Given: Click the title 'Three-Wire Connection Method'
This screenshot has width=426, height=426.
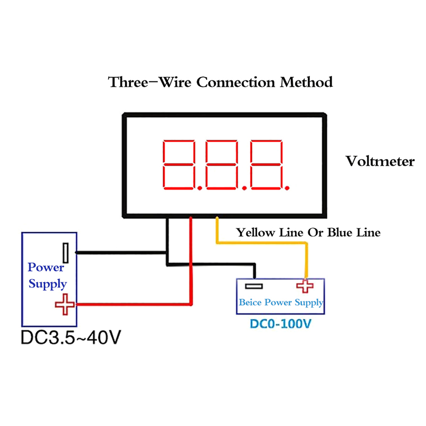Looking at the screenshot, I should tap(220, 83).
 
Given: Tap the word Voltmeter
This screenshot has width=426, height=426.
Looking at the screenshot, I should tap(379, 161).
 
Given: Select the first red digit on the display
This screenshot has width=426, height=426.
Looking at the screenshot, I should tap(178, 165).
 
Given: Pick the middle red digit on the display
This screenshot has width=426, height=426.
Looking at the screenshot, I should tap(222, 165).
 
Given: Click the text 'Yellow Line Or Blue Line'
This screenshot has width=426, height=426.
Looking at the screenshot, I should tap(309, 233).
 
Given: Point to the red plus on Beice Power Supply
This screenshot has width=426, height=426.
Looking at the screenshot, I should tap(305, 286).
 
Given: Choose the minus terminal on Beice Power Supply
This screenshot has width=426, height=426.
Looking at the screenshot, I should tap(254, 286).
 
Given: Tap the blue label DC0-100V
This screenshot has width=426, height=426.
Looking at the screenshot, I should tap(281, 323).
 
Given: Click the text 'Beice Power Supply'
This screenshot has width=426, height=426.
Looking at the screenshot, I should tap(281, 302).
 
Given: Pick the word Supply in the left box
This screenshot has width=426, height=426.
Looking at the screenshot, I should tap(47, 283).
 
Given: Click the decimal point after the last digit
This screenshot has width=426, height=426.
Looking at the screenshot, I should tap(288, 187).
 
